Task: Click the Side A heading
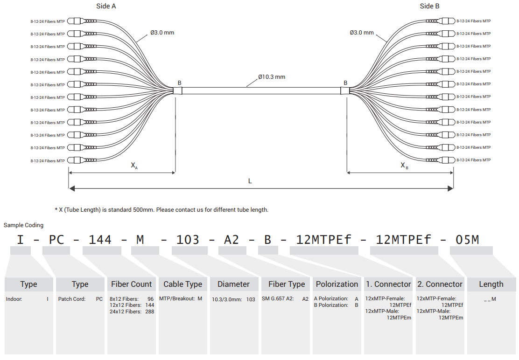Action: [106, 6]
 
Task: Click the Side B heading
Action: [429, 6]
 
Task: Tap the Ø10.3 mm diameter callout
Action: [272, 76]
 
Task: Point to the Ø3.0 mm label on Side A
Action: [162, 32]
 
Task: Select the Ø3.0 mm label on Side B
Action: [362, 32]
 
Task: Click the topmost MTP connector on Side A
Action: [82, 21]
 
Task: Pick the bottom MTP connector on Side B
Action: [441, 160]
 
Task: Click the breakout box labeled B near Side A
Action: [177, 90]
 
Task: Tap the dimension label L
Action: [250, 181]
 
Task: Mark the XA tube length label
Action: [134, 165]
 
